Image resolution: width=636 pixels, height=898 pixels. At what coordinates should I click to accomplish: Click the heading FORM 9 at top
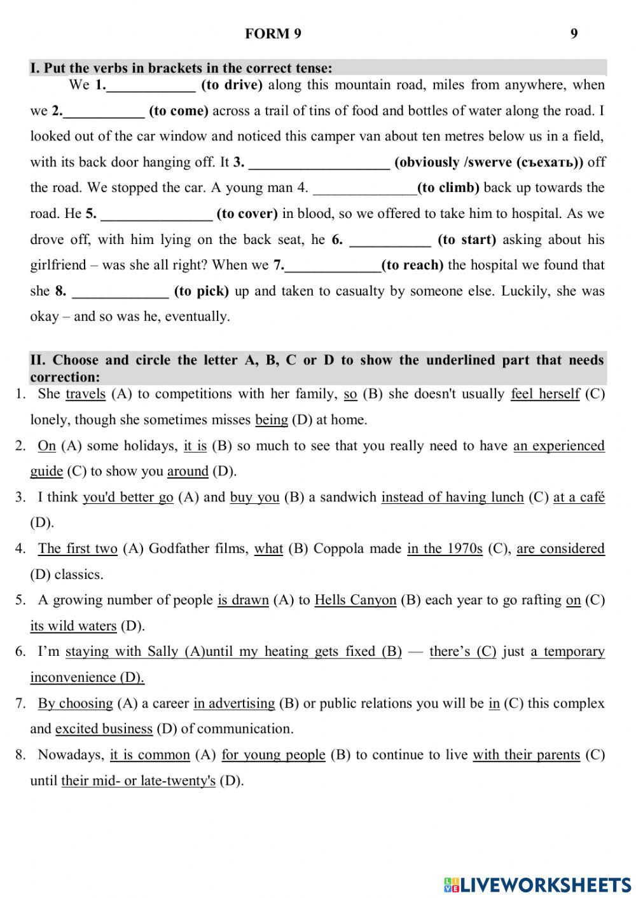click(x=273, y=34)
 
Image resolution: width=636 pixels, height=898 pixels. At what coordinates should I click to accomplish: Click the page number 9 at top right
click(x=574, y=34)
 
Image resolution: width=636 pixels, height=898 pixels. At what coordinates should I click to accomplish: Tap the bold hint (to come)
click(x=179, y=111)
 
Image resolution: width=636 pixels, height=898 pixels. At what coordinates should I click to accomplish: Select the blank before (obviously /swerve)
click(x=319, y=163)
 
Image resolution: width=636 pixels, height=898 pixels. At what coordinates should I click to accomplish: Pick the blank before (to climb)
click(x=365, y=189)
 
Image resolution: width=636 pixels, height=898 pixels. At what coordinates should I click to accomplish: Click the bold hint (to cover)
click(x=247, y=214)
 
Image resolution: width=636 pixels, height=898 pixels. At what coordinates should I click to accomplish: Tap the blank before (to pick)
click(x=120, y=292)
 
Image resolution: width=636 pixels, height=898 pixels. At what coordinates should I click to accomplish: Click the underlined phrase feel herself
click(x=545, y=394)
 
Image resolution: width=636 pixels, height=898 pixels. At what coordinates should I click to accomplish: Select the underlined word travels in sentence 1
click(x=85, y=394)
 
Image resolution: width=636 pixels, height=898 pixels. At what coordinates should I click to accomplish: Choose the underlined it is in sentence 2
click(x=195, y=446)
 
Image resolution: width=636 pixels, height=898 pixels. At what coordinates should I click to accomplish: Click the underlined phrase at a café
click(x=579, y=498)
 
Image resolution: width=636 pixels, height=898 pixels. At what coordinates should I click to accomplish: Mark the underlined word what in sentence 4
click(x=268, y=549)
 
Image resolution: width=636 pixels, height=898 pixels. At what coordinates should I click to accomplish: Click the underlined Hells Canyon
click(x=355, y=601)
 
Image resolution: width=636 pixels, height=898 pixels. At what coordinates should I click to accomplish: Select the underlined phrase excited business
click(x=104, y=729)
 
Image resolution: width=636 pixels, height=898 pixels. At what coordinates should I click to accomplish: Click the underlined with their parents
click(x=526, y=755)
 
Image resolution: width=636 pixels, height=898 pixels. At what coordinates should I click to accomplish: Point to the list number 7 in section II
click(x=20, y=704)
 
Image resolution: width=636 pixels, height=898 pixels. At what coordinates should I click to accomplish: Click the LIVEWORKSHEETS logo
click(x=538, y=884)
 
